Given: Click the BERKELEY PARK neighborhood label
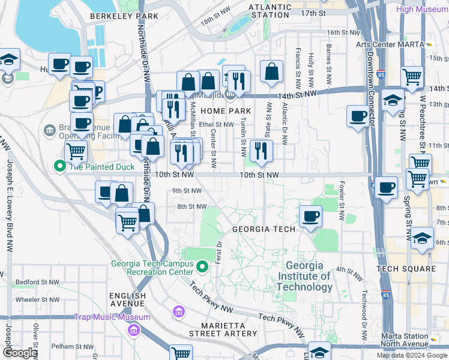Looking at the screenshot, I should (124, 17).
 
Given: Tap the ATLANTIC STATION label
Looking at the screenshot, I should (270, 12).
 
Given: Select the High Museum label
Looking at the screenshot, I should (423, 8).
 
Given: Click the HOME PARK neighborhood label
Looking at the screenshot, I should (226, 112).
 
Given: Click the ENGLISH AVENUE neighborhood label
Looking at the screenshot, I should (127, 300).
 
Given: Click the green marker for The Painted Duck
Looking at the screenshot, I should (59, 166).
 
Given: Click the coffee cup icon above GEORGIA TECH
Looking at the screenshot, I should (310, 216).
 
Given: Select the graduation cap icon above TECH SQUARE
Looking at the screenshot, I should (423, 238).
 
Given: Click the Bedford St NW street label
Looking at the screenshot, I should (38, 281).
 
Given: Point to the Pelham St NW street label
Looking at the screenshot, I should (73, 346).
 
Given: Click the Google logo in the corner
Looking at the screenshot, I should (20, 353).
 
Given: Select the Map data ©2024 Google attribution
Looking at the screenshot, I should (411, 355).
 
